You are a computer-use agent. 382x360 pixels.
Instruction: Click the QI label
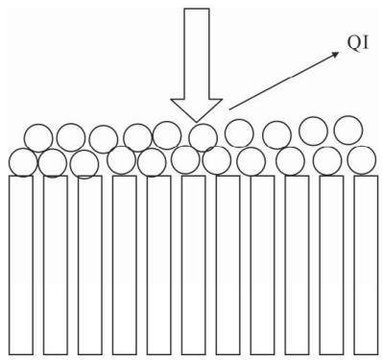[358, 42]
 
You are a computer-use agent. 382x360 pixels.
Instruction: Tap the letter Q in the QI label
[354, 42]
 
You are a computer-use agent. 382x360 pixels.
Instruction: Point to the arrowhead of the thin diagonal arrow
[335, 55]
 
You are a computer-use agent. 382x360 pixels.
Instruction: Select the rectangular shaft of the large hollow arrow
[197, 54]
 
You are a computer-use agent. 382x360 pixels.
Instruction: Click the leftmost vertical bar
[21, 265]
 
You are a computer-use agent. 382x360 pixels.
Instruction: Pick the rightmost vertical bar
[366, 265]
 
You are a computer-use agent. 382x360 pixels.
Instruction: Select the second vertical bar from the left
[56, 265]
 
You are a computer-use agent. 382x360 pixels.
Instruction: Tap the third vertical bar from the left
[90, 265]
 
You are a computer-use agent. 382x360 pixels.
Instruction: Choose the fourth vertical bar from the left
[125, 265]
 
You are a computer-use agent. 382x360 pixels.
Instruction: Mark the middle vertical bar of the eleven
[194, 265]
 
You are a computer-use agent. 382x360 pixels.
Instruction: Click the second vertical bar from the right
[331, 265]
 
